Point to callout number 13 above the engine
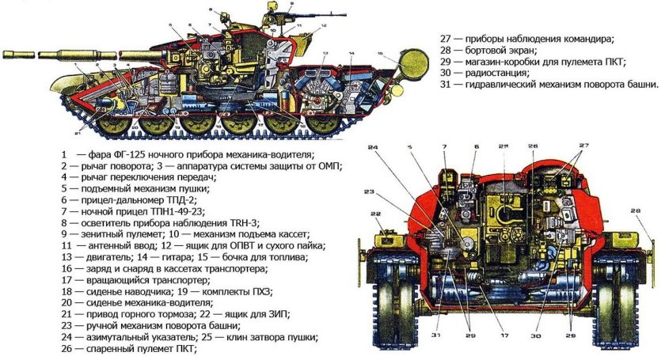[x=325, y=53]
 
